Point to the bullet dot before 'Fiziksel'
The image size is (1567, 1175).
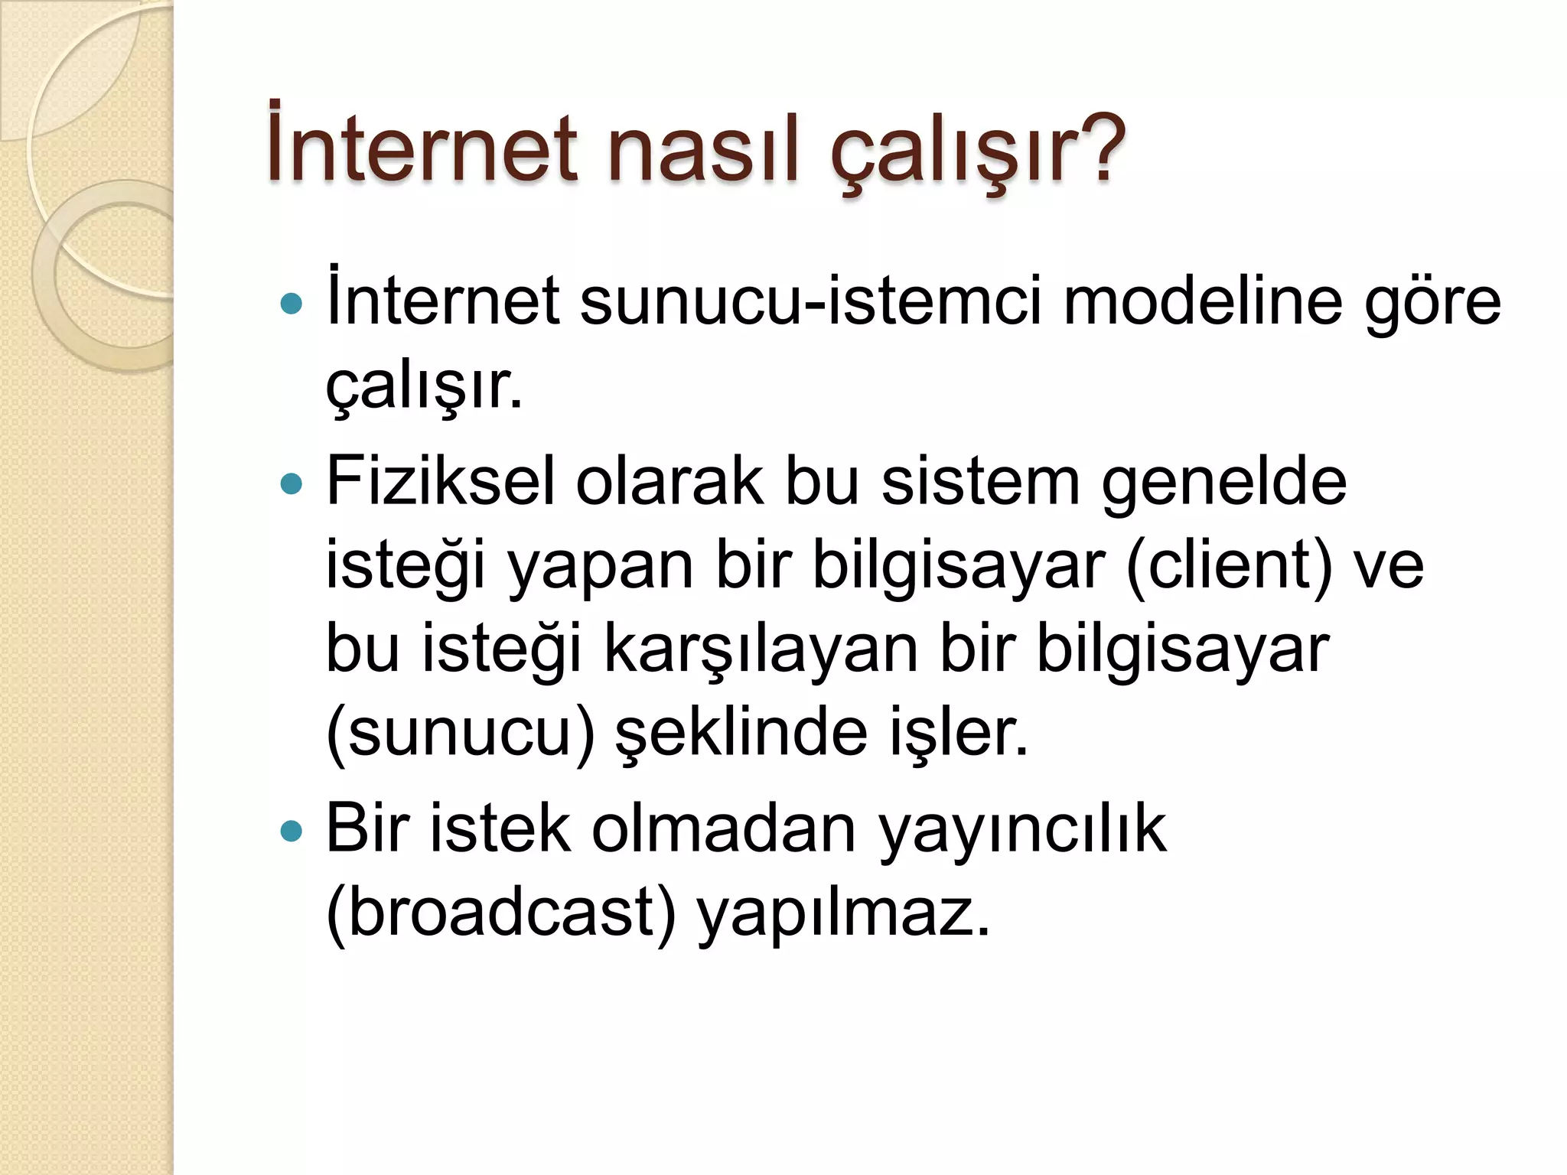pos(292,483)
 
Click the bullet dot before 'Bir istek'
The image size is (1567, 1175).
pos(292,831)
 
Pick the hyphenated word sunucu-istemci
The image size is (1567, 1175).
pos(810,301)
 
